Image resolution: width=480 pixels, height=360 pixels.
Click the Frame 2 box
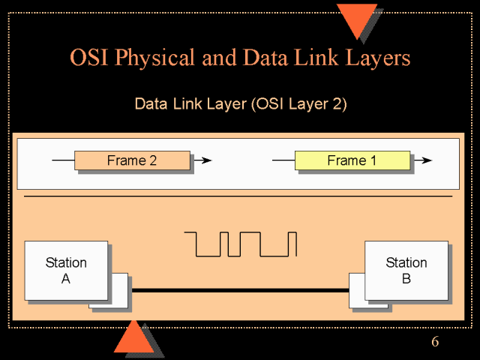132,160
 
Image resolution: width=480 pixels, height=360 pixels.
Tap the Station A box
66,270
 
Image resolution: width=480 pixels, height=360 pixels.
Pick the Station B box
406,270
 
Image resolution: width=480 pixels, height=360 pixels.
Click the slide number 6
435,343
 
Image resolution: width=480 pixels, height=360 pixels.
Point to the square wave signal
241,244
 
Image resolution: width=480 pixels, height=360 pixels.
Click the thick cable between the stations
240,290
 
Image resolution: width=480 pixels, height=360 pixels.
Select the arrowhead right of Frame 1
427,160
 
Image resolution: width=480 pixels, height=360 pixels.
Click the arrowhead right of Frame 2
207,160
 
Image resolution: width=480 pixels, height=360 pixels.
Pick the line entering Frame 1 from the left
283,160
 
